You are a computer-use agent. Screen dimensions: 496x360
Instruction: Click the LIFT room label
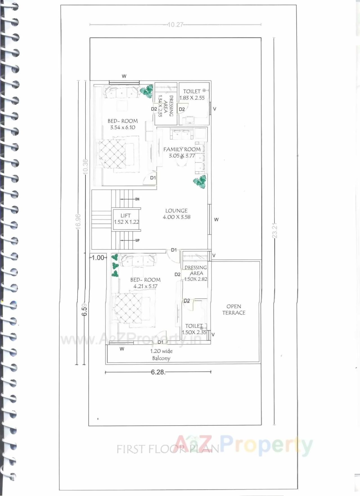tap(126, 219)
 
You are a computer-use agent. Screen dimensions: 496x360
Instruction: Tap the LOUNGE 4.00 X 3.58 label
tap(176, 214)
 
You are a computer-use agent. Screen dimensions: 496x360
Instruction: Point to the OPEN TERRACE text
tap(234, 309)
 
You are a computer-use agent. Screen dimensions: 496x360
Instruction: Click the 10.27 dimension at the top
tap(175, 25)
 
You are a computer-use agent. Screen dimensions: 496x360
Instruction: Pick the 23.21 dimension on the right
tap(274, 231)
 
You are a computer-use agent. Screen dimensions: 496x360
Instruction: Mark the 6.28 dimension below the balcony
tap(158, 372)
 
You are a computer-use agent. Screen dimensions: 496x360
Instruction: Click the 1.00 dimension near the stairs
tap(98, 257)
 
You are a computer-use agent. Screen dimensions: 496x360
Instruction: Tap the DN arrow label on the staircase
tap(137, 199)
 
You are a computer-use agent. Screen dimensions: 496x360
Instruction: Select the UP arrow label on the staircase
tap(137, 241)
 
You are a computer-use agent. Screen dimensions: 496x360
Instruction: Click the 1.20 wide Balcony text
tap(161, 354)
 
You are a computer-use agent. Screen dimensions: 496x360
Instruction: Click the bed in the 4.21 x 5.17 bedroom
tap(134, 309)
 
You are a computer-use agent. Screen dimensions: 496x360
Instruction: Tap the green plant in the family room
tap(200, 181)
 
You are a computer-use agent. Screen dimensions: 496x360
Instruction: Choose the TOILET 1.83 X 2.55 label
tap(192, 95)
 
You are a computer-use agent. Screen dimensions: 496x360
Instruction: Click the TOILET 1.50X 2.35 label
tap(194, 329)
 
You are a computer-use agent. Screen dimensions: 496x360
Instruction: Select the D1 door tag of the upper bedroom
tap(153, 178)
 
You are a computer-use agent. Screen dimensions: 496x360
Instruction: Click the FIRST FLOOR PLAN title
tap(168, 449)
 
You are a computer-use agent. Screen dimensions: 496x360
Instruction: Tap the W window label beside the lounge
tap(216, 219)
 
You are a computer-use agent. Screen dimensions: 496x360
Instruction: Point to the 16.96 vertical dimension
tap(78, 221)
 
